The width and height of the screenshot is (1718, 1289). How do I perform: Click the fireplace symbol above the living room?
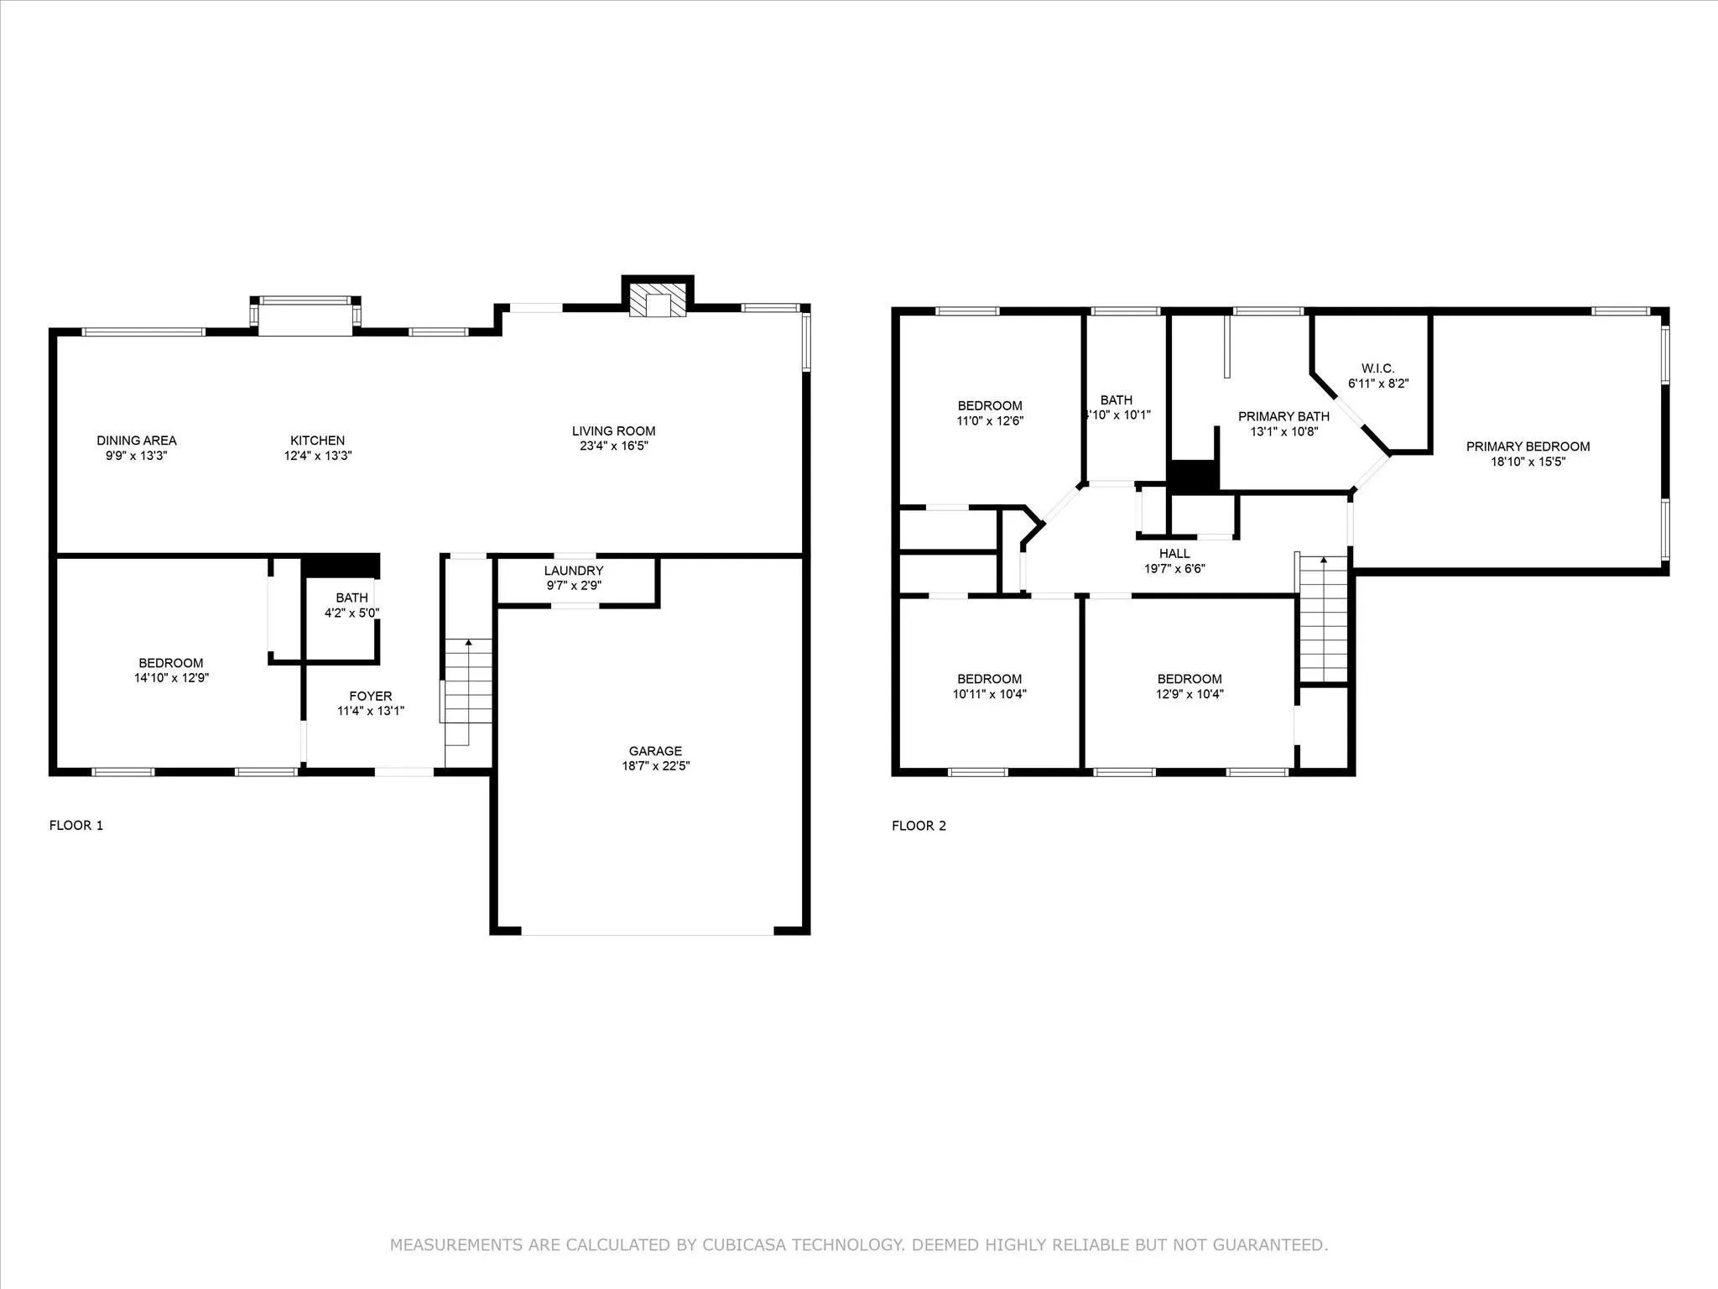[x=657, y=300]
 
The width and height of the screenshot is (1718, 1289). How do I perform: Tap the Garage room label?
[x=655, y=751]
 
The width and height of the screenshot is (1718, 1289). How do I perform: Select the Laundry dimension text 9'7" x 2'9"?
[x=574, y=586]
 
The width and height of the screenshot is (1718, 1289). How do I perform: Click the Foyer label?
[x=370, y=696]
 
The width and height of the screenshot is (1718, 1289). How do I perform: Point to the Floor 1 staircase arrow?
[x=468, y=644]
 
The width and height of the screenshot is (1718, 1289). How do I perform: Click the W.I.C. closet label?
[x=1377, y=368]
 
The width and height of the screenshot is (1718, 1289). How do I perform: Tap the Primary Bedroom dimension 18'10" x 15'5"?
[x=1528, y=462]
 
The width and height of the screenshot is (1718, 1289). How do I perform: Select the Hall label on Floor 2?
[x=1174, y=553]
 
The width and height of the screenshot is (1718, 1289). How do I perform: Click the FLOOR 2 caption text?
[x=919, y=826]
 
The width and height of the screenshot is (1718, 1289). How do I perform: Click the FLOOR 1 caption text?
[x=76, y=825]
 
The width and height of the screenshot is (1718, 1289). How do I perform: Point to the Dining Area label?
[x=137, y=441]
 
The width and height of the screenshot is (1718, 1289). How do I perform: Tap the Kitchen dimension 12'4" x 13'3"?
[x=317, y=456]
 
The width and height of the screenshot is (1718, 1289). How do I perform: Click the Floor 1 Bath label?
[x=351, y=598]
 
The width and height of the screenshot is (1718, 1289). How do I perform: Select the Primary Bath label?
[x=1283, y=416]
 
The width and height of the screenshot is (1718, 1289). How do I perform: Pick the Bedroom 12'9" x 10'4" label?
[x=1189, y=679]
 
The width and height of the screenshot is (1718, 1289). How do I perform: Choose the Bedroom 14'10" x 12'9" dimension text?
[x=171, y=678]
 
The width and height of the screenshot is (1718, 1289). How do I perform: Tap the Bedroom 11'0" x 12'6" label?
[x=990, y=405]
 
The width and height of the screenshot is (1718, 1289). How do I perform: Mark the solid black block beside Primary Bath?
[x=1193, y=476]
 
